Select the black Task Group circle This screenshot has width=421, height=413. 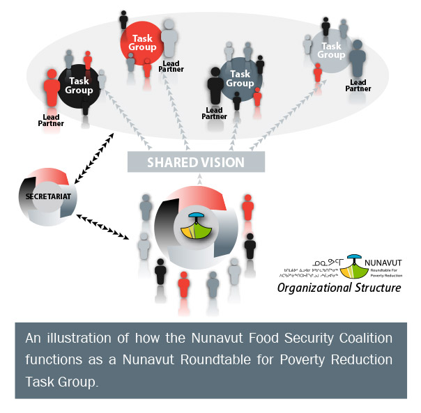pyautogui.click(x=79, y=86)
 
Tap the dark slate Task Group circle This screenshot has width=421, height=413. pyautogui.click(x=240, y=79)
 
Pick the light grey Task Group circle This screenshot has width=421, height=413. pyautogui.click(x=331, y=51)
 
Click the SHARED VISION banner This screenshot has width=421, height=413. pyautogui.click(x=196, y=162)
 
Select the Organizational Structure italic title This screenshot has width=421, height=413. pyautogui.click(x=339, y=287)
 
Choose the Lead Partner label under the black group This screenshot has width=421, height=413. pyautogui.click(x=51, y=120)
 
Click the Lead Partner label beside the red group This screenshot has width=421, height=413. pyautogui.click(x=171, y=68)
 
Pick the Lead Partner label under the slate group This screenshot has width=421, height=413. pyautogui.click(x=214, y=113)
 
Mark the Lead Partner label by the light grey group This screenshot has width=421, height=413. pyautogui.click(x=358, y=86)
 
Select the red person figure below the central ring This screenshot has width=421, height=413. pyautogui.click(x=183, y=286)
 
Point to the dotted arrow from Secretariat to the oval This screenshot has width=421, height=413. pyautogui.click(x=98, y=150)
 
